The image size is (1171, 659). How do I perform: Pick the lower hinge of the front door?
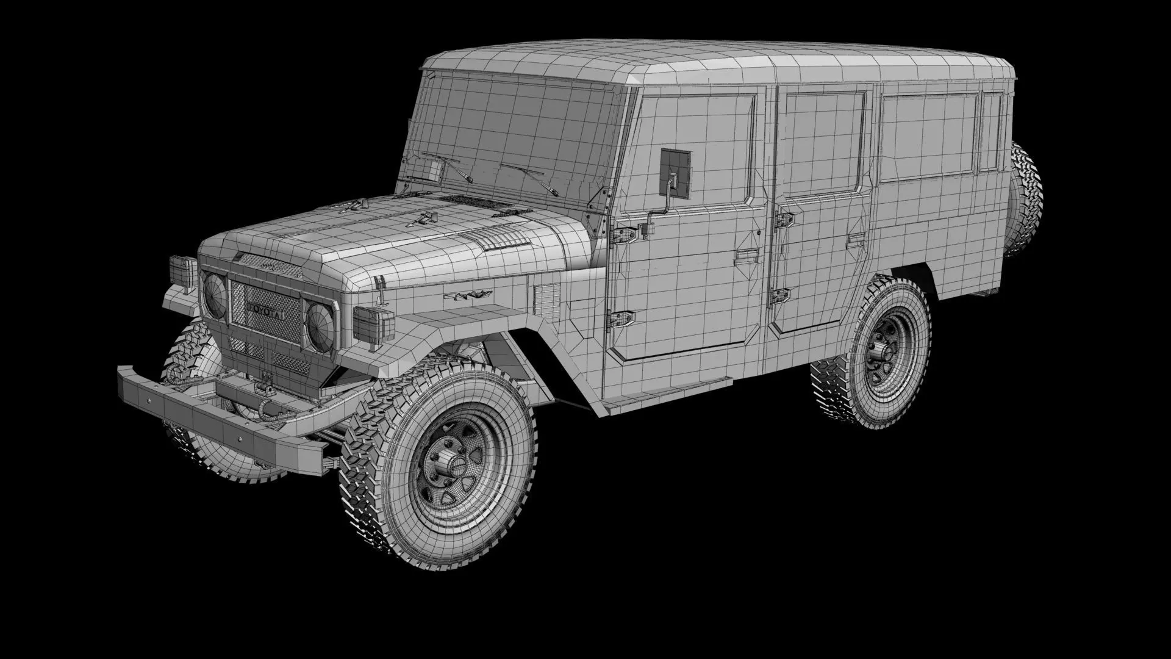621,318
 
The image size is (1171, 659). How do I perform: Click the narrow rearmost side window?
992,131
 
